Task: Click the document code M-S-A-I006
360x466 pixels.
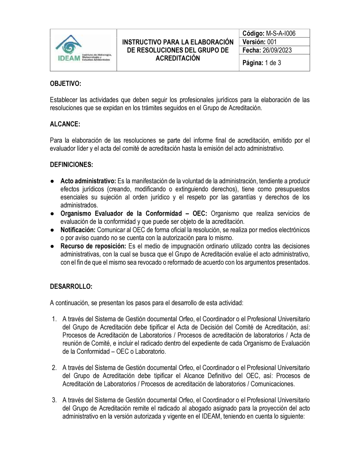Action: pyautogui.click(x=281, y=33)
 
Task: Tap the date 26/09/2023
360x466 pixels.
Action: pyautogui.click(x=277, y=50)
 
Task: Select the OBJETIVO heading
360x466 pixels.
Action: pyautogui.click(x=66, y=84)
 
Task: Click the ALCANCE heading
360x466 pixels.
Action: pyautogui.click(x=65, y=124)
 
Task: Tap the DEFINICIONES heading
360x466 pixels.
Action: pyautogui.click(x=71, y=165)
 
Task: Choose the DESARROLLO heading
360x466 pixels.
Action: pyautogui.click(x=71, y=287)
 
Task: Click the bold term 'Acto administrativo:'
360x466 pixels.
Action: pyautogui.click(x=88, y=181)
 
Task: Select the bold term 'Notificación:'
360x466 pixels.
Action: pyautogui.click(x=78, y=230)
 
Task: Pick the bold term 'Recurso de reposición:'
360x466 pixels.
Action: pyautogui.click(x=93, y=246)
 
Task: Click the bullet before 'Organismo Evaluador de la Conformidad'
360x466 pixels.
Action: pyautogui.click(x=53, y=214)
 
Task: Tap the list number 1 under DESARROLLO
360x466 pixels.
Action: pyautogui.click(x=54, y=319)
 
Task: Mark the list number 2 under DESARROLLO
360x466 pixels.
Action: pyautogui.click(x=54, y=368)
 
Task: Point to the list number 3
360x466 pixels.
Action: pyautogui.click(x=54, y=400)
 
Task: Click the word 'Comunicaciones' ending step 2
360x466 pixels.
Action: pyautogui.click(x=273, y=384)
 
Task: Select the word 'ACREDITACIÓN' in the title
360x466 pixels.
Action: pyautogui.click(x=177, y=58)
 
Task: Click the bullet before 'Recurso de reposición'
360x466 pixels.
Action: pyautogui.click(x=53, y=246)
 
